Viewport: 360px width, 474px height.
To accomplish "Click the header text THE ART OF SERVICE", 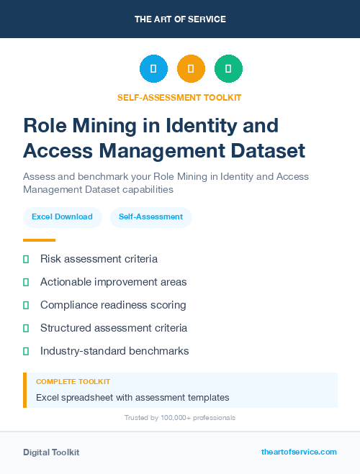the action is click(x=180, y=19).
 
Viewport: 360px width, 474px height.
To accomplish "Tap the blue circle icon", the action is click(x=153, y=69).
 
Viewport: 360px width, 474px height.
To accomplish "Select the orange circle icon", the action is click(x=191, y=69).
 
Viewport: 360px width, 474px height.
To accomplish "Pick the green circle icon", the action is click(x=228, y=69).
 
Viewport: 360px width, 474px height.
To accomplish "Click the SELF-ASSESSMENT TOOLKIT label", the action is click(x=180, y=98).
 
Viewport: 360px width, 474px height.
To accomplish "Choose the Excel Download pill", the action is click(x=62, y=217).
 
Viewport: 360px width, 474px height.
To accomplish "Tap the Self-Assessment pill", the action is click(x=150, y=217).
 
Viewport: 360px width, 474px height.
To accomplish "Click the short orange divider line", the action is click(x=39, y=240).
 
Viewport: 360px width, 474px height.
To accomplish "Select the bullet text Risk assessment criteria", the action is click(x=99, y=259).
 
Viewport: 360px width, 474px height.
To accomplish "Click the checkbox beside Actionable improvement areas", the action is click(x=26, y=282).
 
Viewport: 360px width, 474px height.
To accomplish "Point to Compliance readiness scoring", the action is click(x=113, y=305).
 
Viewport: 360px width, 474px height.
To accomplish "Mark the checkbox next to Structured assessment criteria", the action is click(x=26, y=328).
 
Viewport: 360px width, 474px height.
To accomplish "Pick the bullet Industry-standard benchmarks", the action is click(x=114, y=351).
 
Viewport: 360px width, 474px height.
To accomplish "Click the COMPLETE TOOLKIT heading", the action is click(x=73, y=382).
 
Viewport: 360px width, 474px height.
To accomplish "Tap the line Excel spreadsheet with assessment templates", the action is click(x=132, y=397).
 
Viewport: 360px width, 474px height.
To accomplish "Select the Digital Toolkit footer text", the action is click(x=51, y=452).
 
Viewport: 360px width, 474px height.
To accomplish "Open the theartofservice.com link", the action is click(x=299, y=452).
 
